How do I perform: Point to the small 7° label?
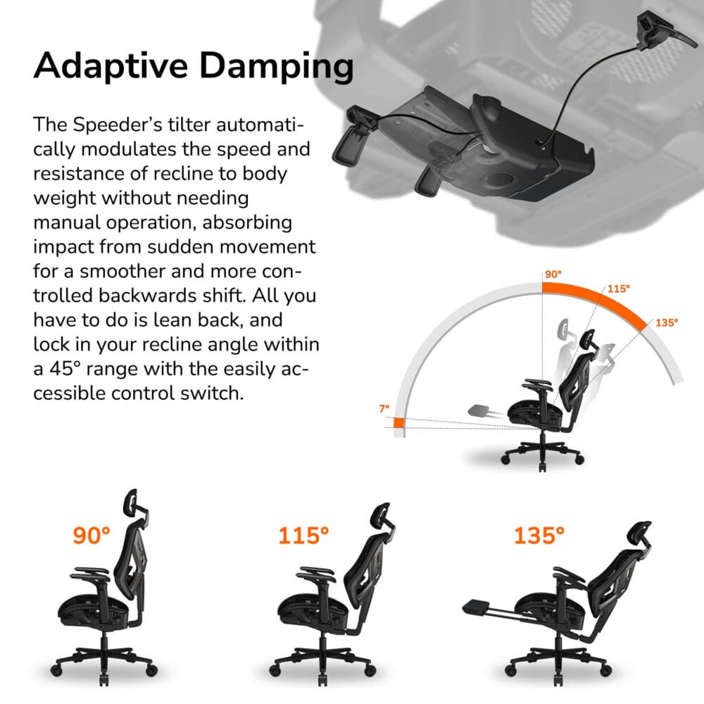(x=384, y=408)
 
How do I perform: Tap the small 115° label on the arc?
(x=618, y=288)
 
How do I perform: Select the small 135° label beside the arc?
(x=667, y=322)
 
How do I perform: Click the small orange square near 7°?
(x=398, y=422)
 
